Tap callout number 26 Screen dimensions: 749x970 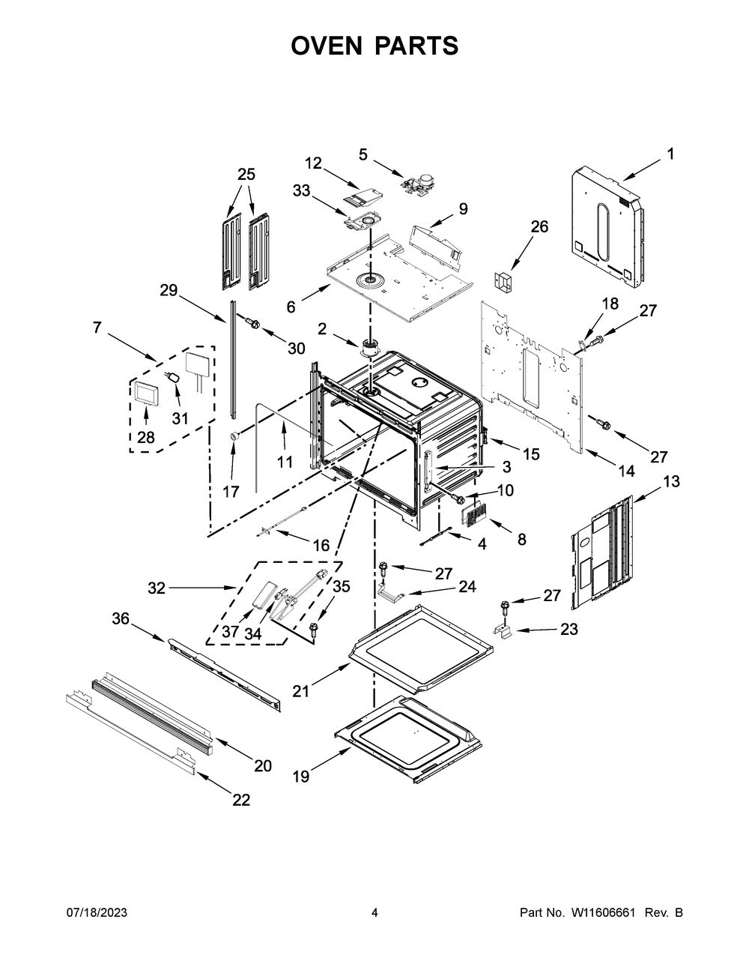tap(539, 227)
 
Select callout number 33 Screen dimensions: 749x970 tap(301, 190)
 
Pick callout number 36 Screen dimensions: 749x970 tap(121, 618)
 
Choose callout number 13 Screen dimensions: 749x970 tap(671, 481)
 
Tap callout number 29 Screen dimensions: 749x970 tap(169, 290)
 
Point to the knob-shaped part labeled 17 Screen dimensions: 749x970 tap(232, 436)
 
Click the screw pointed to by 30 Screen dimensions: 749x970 tap(252, 322)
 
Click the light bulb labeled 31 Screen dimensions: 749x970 tap(175, 378)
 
